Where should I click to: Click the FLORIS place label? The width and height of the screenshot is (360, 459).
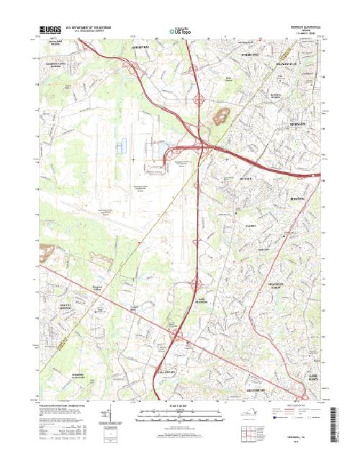tap(251, 226)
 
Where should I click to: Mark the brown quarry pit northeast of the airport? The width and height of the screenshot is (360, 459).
tap(223, 114)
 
